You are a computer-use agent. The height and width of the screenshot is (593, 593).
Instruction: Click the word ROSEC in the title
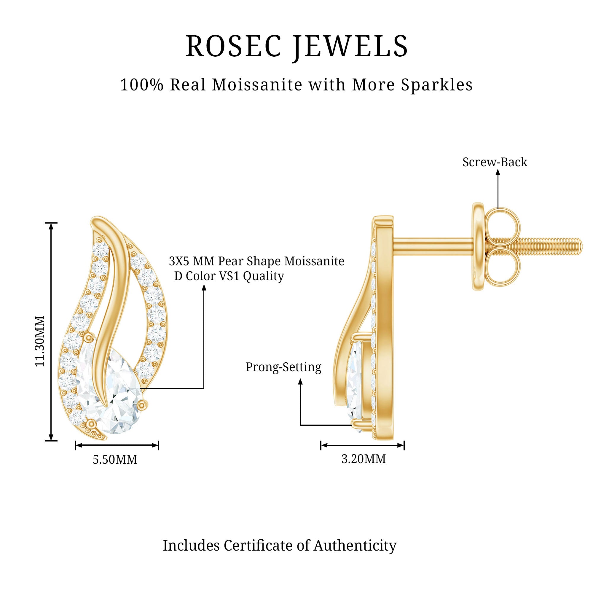pos(234,46)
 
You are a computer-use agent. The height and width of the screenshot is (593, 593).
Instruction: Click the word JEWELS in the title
pos(350,47)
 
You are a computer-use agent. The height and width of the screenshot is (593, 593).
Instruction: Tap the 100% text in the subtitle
pos(142,85)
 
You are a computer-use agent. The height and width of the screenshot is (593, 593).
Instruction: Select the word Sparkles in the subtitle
pos(438,85)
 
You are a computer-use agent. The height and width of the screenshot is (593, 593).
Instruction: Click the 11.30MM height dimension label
pos(40,341)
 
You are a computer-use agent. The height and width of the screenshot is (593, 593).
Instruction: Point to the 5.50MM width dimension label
pos(115,460)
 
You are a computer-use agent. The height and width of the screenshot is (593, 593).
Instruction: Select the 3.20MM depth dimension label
pos(364,459)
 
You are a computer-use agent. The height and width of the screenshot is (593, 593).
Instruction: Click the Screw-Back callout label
pos(495,162)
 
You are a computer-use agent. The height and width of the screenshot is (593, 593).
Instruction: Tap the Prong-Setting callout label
pos(283,367)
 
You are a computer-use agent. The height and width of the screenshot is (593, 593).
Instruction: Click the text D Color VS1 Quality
pos(229,276)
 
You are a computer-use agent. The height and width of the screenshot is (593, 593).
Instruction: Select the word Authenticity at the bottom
pos(355,546)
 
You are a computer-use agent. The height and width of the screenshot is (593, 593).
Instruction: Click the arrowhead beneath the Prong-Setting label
pos(300,382)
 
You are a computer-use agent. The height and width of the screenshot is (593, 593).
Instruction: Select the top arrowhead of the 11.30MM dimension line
pos(51,226)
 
